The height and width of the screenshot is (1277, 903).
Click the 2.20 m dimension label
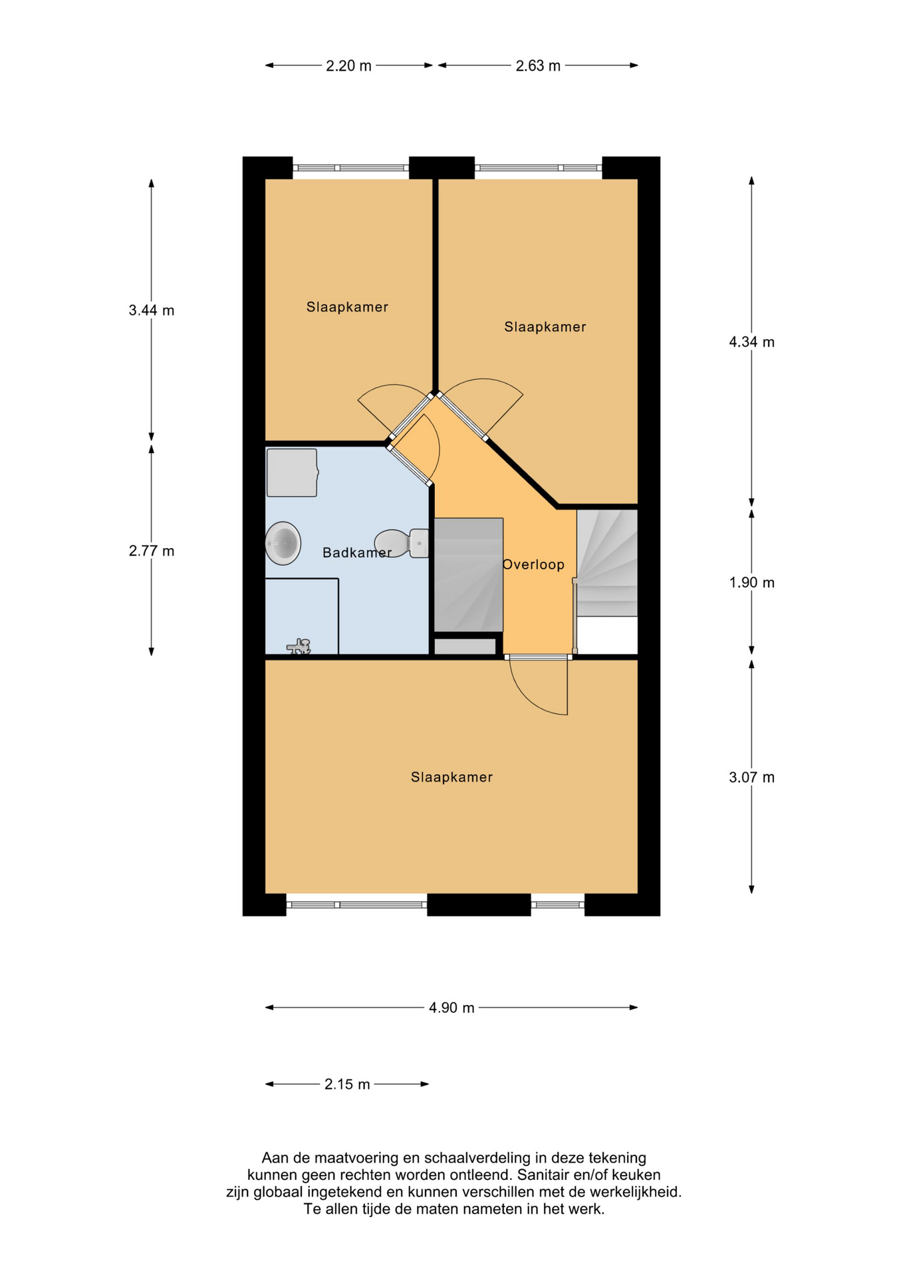point(348,66)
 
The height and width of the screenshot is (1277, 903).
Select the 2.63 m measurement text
point(538,66)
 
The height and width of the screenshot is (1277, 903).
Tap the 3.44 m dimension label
point(152,310)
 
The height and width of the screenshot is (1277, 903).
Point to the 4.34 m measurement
point(751,342)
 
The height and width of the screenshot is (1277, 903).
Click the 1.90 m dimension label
point(751,583)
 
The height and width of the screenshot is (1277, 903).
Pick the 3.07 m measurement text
point(751,777)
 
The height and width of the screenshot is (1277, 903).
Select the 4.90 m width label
point(451,1008)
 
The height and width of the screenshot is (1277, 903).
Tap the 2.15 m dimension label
point(347,1084)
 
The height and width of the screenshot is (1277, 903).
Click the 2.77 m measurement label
point(152,551)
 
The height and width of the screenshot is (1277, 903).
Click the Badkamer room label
point(357,553)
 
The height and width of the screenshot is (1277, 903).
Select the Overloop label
point(533,565)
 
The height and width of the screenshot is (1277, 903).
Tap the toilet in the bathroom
point(402,543)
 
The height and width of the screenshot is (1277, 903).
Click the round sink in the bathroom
point(283,543)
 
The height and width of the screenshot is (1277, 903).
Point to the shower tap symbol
point(300,646)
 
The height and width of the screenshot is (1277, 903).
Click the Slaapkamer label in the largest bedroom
point(451,777)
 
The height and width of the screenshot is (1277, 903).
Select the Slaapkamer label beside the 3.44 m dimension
point(347,307)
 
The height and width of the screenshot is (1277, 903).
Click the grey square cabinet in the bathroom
point(292,472)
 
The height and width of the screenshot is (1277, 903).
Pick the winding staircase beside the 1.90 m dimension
point(607,563)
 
